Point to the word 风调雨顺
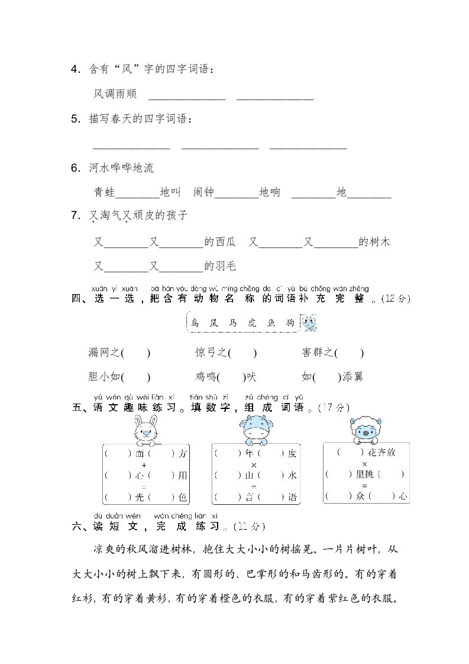click(x=115, y=94)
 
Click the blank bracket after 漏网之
click(x=136, y=353)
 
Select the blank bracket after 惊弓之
click(x=242, y=353)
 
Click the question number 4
click(x=75, y=70)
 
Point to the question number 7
click(x=75, y=215)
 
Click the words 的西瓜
click(x=220, y=242)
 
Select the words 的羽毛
click(x=220, y=266)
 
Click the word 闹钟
click(x=204, y=192)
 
